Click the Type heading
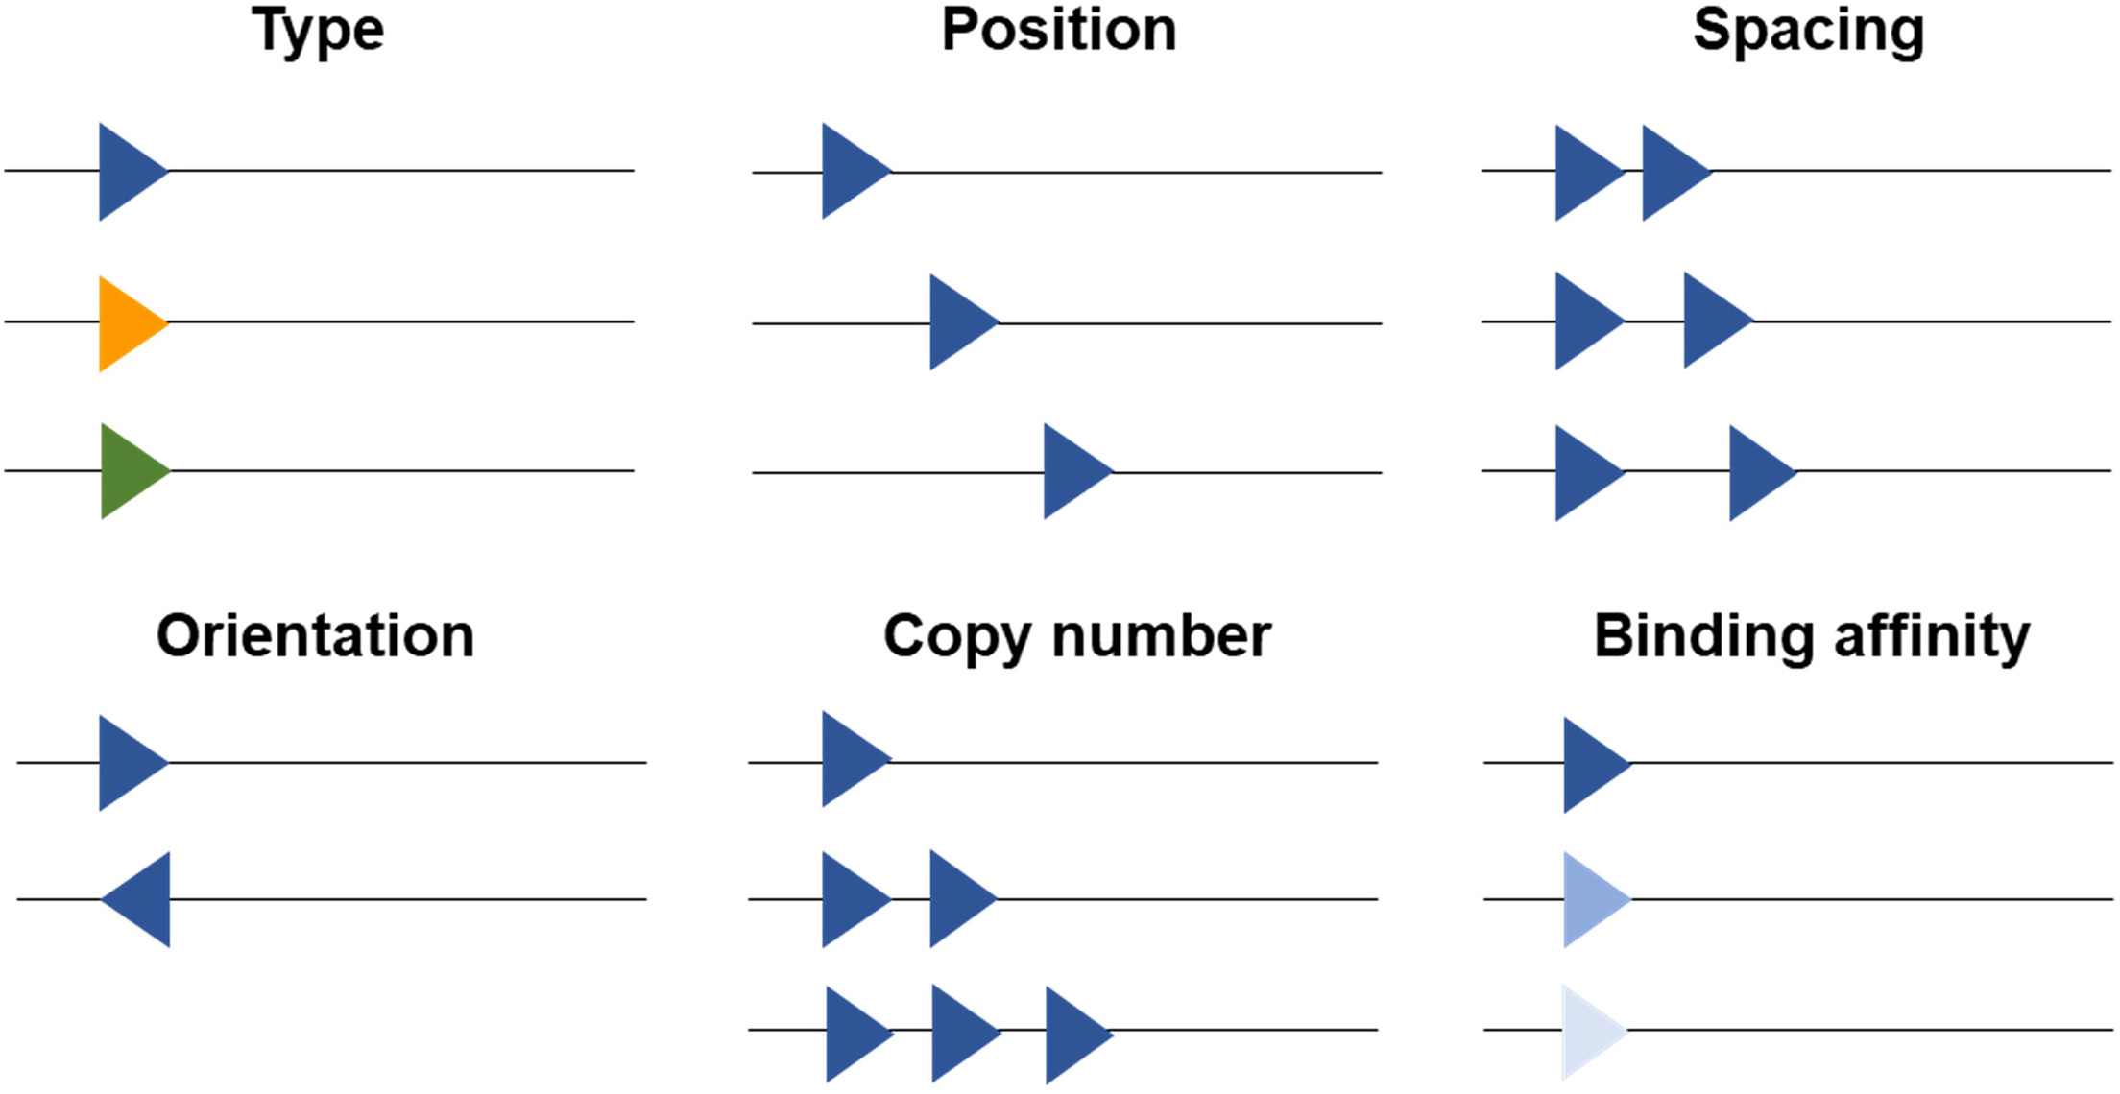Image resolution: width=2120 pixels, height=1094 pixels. point(318,31)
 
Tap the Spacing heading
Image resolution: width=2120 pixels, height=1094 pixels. point(1808,31)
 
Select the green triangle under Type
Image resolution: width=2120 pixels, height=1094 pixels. point(129,471)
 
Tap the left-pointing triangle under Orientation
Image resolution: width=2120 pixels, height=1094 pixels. point(144,899)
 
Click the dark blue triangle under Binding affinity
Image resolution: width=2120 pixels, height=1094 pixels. point(1590,765)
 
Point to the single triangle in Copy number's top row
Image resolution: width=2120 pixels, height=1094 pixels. point(850,759)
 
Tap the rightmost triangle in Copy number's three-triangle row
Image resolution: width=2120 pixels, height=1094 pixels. point(1072,1035)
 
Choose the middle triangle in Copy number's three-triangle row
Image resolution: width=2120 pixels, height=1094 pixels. point(959,1034)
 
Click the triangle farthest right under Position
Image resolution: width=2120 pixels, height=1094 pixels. point(1071,471)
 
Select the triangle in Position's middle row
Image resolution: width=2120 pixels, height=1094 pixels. point(957,322)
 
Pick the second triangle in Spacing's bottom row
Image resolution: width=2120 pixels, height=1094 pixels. point(1756,473)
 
